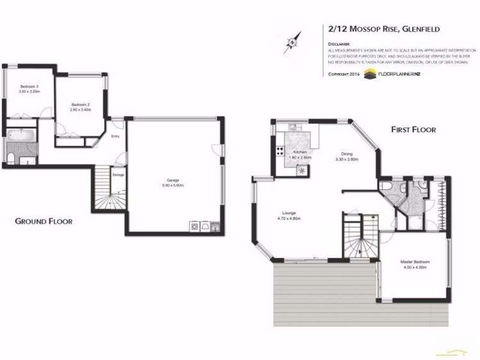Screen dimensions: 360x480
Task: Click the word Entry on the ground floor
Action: tap(115, 136)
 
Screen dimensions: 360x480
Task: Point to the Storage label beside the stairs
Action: tap(118, 174)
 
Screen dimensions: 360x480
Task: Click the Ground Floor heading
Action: tap(44, 221)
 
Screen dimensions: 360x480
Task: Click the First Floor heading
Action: tap(413, 129)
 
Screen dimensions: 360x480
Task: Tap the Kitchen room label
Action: tap(301, 152)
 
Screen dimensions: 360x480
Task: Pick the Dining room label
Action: tap(347, 154)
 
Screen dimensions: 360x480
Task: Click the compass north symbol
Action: tap(292, 42)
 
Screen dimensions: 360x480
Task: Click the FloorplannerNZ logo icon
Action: tap(370, 74)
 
